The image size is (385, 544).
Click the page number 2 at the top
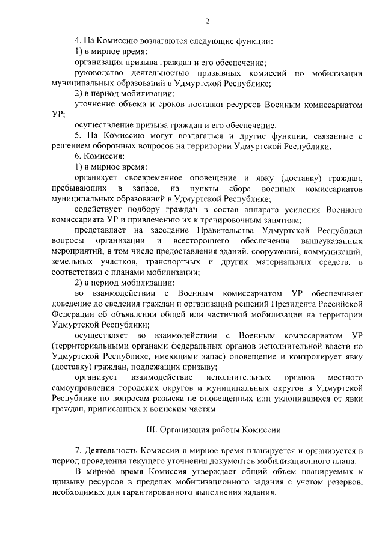tap(206, 22)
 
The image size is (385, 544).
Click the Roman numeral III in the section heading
tap(152, 430)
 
